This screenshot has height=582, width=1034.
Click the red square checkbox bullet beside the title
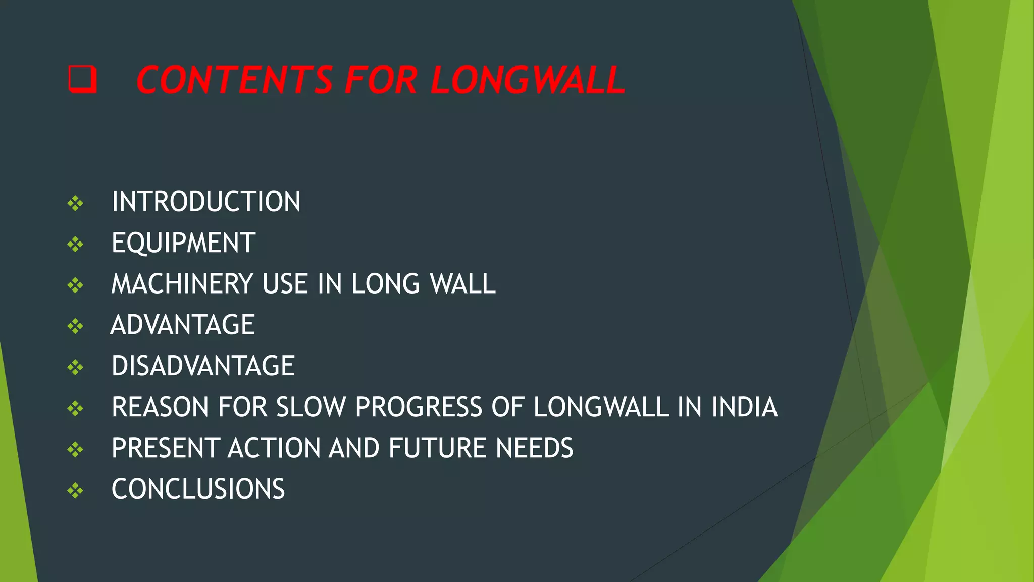click(x=82, y=79)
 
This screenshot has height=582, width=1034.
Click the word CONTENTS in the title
click(x=234, y=80)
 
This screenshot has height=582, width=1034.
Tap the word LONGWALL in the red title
click(x=528, y=80)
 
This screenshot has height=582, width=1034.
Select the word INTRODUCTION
click(x=206, y=202)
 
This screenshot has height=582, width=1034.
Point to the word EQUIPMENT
click(x=183, y=243)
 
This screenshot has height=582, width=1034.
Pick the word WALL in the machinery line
click(x=462, y=284)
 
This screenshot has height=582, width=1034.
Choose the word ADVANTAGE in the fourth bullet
click(x=183, y=325)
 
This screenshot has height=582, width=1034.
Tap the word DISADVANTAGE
click(x=203, y=366)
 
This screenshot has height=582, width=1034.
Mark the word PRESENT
click(x=165, y=448)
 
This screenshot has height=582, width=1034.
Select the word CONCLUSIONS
click(x=198, y=489)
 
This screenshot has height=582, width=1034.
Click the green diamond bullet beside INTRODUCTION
click(x=75, y=203)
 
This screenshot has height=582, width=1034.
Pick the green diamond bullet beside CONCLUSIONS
click(x=75, y=490)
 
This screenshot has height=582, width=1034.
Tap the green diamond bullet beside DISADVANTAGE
click(x=75, y=367)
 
